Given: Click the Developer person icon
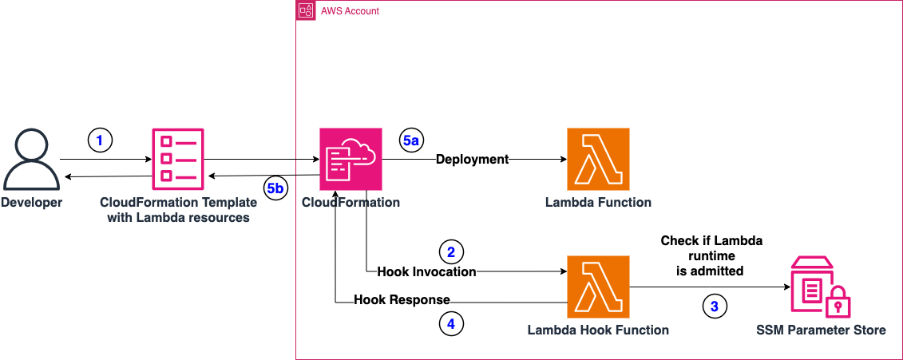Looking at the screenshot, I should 31,159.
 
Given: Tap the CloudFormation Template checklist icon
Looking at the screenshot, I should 176,159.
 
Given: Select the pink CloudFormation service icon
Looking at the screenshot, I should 350,159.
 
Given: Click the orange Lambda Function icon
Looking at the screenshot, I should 597,159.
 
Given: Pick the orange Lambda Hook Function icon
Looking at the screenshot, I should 597,287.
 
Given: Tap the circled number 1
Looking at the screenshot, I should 100,141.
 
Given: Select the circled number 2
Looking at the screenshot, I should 451,252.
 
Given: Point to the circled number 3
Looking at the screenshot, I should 715,305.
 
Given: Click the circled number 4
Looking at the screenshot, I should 450,324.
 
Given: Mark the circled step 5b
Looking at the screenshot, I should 275,189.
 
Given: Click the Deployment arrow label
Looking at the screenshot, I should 472,159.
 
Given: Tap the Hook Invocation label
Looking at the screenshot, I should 426,272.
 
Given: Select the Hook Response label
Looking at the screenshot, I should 402,299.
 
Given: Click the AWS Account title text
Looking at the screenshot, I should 349,11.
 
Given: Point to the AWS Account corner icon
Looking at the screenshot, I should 305,10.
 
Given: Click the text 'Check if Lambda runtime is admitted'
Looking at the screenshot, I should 711,256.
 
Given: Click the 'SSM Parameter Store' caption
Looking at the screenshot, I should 820,330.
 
